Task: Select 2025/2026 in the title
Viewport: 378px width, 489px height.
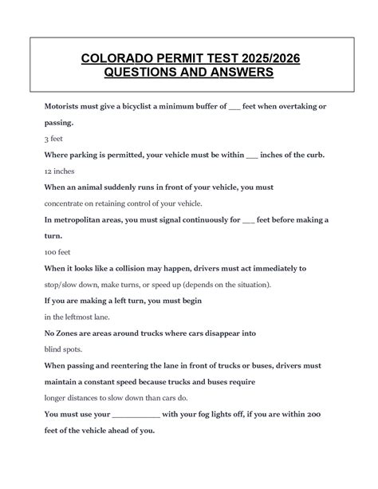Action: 266,57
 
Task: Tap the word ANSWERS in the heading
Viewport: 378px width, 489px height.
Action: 237,73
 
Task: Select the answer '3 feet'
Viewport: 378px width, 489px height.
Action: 55,139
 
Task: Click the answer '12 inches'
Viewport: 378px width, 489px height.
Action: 61,171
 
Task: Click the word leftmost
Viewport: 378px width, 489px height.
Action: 83,317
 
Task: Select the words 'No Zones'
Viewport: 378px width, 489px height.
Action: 65,333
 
